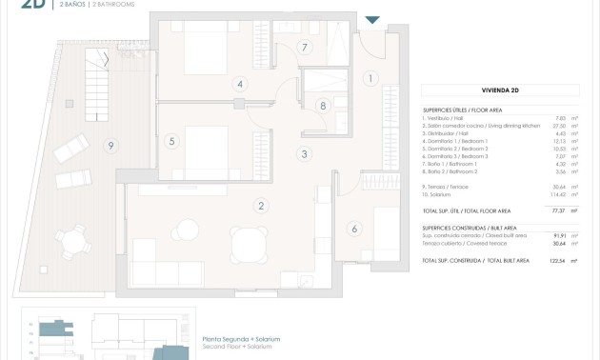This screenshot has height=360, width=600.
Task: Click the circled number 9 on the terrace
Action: [111, 146]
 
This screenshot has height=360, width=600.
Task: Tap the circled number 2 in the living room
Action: [260, 205]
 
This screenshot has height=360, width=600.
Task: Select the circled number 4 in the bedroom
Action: [240, 84]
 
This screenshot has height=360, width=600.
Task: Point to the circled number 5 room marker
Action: [171, 141]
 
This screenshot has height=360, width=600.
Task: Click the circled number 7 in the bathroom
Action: [305, 47]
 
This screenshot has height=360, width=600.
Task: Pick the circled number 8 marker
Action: [324, 106]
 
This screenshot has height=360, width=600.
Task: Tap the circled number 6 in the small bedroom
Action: [354, 229]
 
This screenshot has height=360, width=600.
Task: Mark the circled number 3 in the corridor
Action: [305, 153]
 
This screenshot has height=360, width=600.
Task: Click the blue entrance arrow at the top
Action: [372, 19]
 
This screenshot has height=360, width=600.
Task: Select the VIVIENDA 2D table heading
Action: [500, 90]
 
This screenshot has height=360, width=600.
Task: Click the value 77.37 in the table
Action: [559, 210]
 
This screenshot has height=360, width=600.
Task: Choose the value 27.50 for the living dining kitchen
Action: [559, 126]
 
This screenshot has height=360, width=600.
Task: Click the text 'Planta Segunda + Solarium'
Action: [241, 339]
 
